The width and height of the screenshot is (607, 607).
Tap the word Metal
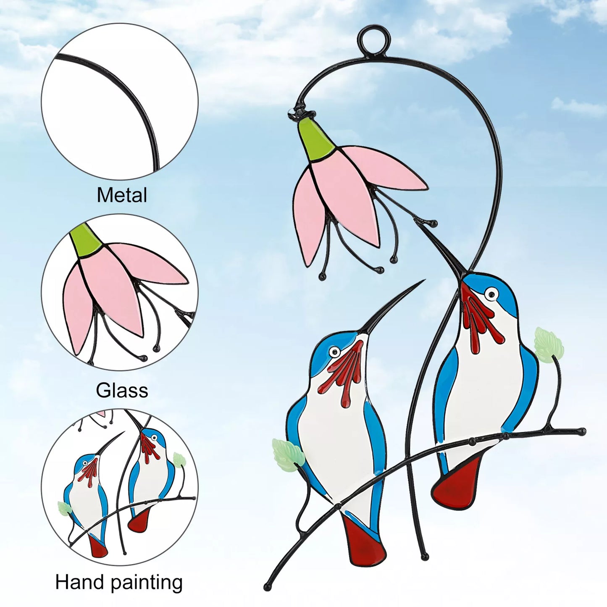point(122,195)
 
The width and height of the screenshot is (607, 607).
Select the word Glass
point(122,391)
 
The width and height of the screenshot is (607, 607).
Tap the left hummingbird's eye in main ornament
point(334,351)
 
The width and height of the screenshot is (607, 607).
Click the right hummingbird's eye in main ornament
point(491,294)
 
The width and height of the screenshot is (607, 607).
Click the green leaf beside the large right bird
point(549,344)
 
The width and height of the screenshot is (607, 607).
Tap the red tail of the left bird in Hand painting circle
point(98,546)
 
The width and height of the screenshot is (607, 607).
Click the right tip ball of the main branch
point(582,431)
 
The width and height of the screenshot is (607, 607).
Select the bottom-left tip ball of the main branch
point(267,587)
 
